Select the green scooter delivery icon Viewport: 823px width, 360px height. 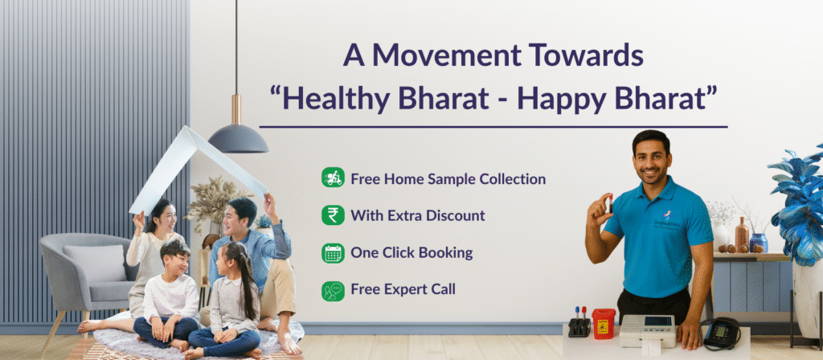pos(333,178)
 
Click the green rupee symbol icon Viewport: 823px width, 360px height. pos(333,215)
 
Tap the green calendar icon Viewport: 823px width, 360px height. pos(333,253)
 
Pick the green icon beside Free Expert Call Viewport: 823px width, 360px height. pos(333,291)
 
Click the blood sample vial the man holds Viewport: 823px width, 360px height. pos(610,203)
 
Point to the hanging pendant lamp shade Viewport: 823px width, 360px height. pos(238,138)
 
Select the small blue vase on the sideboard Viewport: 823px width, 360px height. pos(759,243)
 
